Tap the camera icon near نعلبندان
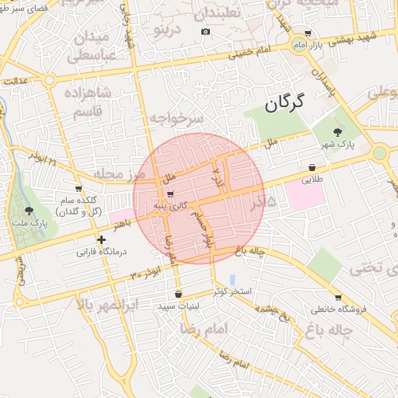pyautogui.click(x=205, y=32)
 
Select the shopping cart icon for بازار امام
pyautogui.click(x=309, y=33)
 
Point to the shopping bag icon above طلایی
pyautogui.click(x=312, y=167)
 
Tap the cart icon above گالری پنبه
pyautogui.click(x=169, y=194)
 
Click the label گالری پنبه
pyautogui.click(x=169, y=204)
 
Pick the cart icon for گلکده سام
pyautogui.click(x=79, y=189)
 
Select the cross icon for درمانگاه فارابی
pyautogui.click(x=100, y=239)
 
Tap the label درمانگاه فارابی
pyautogui.click(x=100, y=252)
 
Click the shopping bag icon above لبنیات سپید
pyautogui.click(x=179, y=294)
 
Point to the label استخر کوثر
pyautogui.click(x=231, y=291)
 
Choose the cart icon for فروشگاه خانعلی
pyautogui.click(x=337, y=298)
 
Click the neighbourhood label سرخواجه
pyautogui.click(x=176, y=118)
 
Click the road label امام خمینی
pyautogui.click(x=253, y=51)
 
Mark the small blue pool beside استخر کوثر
pyautogui.click(x=233, y=278)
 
